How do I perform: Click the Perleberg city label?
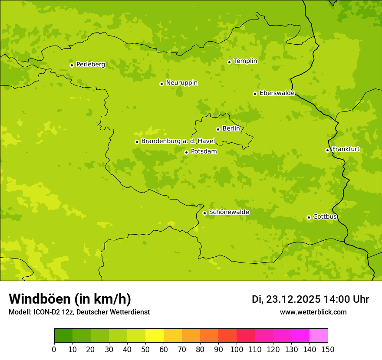point(90,65)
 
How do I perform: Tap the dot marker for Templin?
point(229,62)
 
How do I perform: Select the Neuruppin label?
point(181,83)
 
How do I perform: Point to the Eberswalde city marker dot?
point(255,94)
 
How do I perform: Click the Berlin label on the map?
point(231,129)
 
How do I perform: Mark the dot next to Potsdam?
point(186,152)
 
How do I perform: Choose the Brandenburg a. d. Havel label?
point(175,141)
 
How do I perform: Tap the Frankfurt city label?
point(346,149)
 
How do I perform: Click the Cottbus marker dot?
point(309,217)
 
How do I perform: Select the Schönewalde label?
point(229,212)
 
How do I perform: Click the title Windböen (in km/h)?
point(70,299)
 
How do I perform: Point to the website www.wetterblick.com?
point(313,312)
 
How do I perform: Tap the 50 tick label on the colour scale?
point(145,349)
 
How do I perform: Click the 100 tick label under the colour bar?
point(237,349)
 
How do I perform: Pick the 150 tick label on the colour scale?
point(328,349)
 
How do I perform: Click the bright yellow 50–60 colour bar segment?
point(155,336)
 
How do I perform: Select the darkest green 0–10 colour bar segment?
point(63,336)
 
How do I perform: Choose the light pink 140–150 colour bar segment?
point(319,336)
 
